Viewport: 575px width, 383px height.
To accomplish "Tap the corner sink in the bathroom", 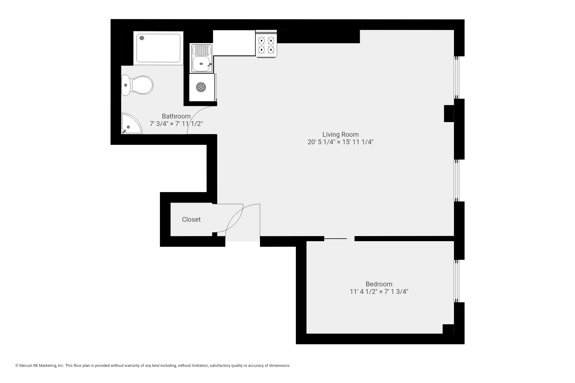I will [x=130, y=124].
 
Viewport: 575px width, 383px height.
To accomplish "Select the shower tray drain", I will [x=142, y=38].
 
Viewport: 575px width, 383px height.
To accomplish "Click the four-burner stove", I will [x=266, y=44].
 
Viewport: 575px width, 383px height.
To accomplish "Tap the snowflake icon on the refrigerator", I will [x=201, y=87].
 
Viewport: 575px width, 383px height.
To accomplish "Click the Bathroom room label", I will [x=176, y=116].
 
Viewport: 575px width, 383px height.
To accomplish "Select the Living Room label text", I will [x=340, y=134].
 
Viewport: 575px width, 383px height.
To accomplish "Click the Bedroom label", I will [x=379, y=284].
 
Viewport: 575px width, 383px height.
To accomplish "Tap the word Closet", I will [x=191, y=219].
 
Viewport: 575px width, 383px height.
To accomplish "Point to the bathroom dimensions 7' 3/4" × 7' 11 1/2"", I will [x=176, y=124].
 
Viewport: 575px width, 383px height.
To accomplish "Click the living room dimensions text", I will [x=340, y=142].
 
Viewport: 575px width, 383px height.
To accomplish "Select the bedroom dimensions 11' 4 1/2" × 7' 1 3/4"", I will [x=379, y=291].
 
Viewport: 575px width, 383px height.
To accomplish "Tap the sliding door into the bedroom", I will [x=335, y=238].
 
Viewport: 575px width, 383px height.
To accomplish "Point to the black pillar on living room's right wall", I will [x=449, y=113].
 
